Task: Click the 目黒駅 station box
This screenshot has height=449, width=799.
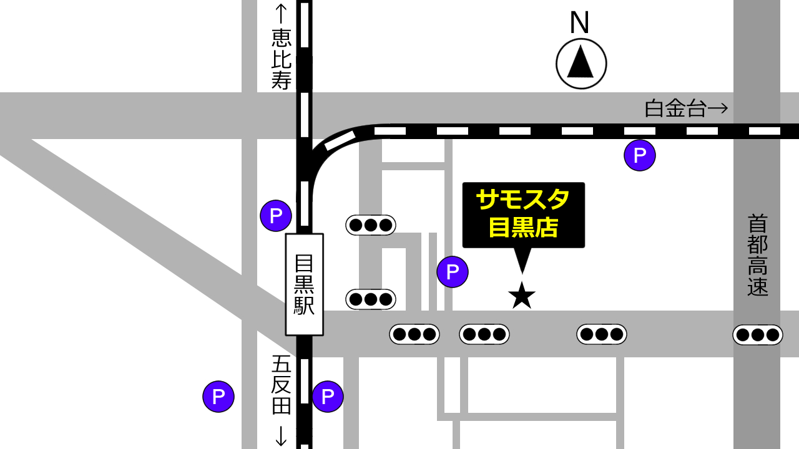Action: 304,284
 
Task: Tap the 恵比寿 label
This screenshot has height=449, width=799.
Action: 282,60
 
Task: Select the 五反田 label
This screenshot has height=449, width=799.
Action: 282,385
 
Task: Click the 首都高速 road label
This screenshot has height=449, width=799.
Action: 757,255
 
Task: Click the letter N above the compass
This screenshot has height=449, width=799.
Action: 579,23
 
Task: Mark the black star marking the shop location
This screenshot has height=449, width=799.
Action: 522,296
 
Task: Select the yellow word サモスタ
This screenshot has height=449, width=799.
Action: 522,200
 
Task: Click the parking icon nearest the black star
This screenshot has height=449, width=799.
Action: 453,272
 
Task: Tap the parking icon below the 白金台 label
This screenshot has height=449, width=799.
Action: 640,155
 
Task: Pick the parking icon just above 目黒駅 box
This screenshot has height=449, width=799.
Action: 276,216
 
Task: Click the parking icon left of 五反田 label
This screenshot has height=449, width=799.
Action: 218,397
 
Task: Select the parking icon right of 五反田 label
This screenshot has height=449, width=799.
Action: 328,397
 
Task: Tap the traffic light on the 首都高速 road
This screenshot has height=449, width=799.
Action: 757,335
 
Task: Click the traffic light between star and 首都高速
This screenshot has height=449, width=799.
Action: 601,334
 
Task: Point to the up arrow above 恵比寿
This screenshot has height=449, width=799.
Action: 281,14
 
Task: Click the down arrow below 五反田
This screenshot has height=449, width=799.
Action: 281,435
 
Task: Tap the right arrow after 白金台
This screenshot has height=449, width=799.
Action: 719,109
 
